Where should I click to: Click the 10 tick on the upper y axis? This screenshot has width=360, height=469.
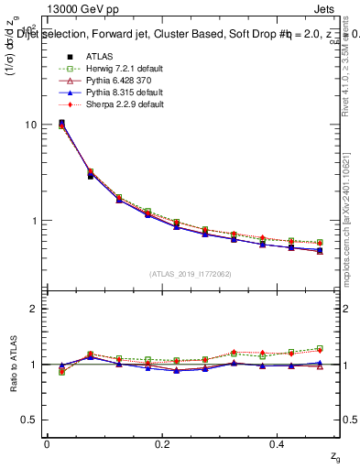[32, 125]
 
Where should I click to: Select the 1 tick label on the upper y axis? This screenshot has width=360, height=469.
[35, 221]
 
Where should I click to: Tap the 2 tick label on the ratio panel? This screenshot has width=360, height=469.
[35, 310]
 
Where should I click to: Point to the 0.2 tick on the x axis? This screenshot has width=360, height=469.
[163, 443]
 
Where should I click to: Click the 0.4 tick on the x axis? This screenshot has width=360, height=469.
[279, 443]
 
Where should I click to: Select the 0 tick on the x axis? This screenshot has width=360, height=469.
[47, 443]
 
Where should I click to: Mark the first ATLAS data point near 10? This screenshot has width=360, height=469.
[61, 123]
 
